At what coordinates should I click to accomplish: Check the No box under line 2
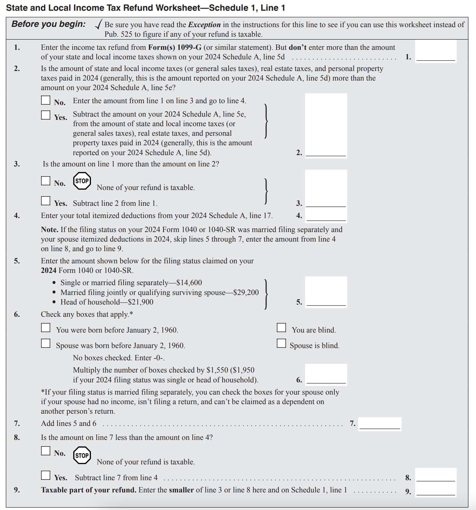click(x=46, y=100)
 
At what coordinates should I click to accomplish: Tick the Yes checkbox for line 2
click(x=46, y=115)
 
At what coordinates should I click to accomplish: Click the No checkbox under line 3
click(x=46, y=181)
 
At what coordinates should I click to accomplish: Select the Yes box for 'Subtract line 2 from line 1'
click(x=46, y=201)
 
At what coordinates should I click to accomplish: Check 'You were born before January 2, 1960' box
click(x=46, y=327)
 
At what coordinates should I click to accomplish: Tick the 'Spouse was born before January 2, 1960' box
click(x=46, y=343)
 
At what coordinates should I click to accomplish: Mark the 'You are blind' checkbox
click(x=281, y=327)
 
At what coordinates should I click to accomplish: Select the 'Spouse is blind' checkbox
click(x=281, y=343)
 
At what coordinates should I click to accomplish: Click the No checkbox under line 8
click(x=46, y=451)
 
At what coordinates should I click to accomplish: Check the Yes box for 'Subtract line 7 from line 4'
click(x=46, y=475)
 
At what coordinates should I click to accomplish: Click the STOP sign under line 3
click(x=82, y=181)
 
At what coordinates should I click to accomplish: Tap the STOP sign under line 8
click(x=82, y=455)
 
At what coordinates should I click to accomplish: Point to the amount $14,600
click(x=189, y=283)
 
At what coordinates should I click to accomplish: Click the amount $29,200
click(x=246, y=292)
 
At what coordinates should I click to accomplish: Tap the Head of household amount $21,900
click(x=140, y=302)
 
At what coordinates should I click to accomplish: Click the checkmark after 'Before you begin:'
click(x=99, y=24)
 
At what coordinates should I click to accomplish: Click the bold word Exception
click(x=204, y=25)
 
